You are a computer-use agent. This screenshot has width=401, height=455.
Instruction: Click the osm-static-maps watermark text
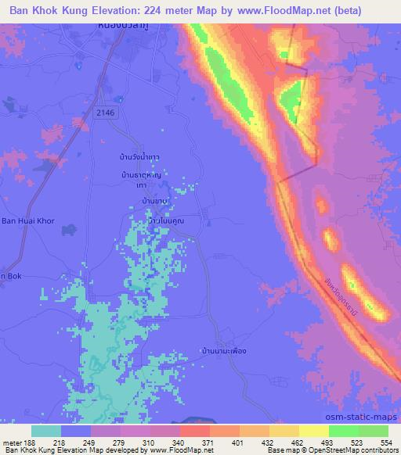click(x=364, y=417)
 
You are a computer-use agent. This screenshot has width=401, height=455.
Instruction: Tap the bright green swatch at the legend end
click(x=373, y=431)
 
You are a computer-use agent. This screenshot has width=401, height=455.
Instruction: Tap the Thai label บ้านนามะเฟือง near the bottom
click(x=224, y=350)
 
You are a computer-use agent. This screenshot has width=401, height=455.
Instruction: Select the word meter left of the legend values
click(x=13, y=442)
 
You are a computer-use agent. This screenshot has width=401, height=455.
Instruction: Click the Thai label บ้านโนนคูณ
click(x=165, y=222)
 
